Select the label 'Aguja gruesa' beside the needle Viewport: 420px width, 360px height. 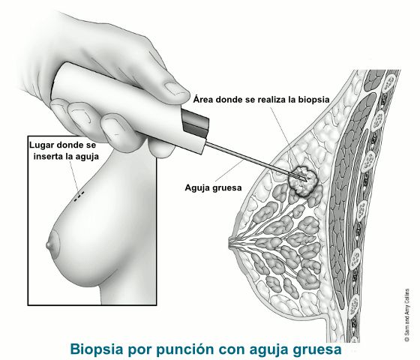[213, 188]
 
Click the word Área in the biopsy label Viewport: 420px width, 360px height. [203, 99]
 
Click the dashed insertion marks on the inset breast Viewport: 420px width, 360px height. [79, 196]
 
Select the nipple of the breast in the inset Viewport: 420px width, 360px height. [48, 244]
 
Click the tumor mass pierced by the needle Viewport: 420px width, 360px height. [303, 180]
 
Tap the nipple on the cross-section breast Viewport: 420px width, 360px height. [231, 243]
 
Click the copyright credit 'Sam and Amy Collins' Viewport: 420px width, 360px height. [407, 314]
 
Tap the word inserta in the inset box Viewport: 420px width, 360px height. [48, 157]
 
